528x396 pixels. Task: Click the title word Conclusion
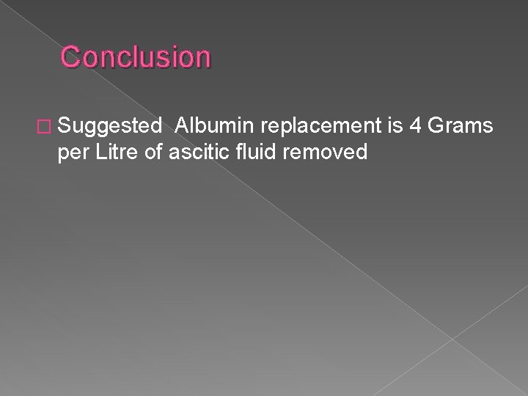click(136, 56)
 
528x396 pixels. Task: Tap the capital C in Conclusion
click(70, 56)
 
